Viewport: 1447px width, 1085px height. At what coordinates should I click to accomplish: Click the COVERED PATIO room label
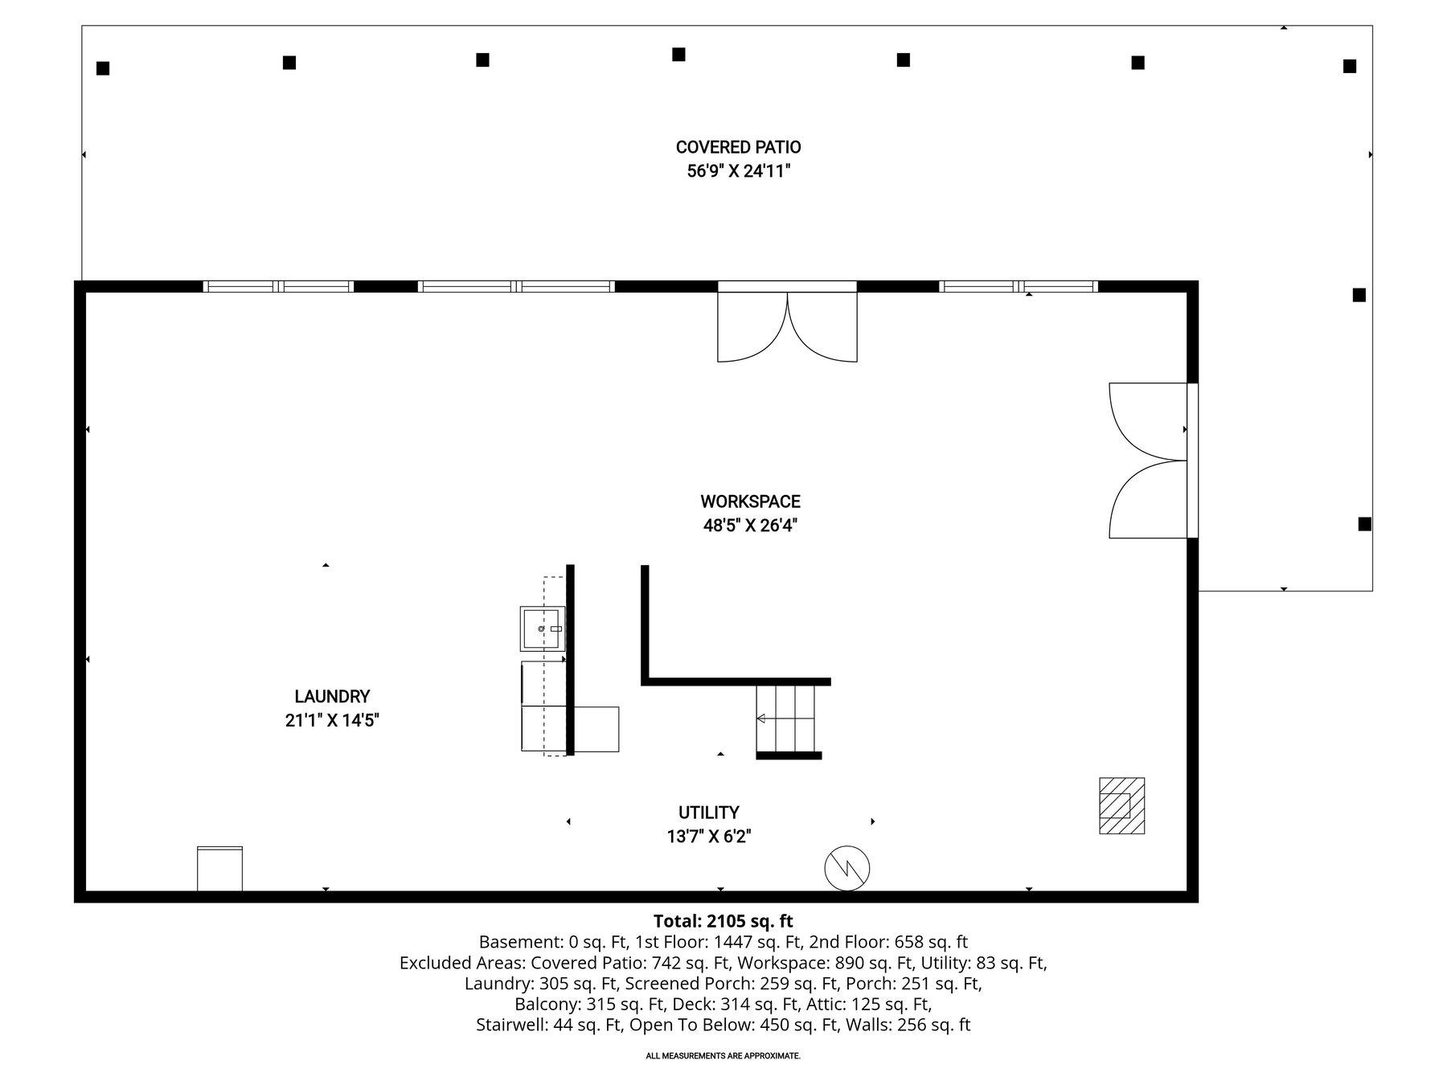(738, 147)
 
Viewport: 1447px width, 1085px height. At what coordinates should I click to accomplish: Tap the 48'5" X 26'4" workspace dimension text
(750, 526)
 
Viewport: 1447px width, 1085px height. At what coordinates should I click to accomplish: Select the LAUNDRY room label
(331, 697)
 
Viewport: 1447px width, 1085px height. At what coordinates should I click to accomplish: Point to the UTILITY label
(708, 813)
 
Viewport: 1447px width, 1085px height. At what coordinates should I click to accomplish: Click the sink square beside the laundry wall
(542, 628)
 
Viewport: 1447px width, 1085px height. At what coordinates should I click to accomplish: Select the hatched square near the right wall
(1121, 805)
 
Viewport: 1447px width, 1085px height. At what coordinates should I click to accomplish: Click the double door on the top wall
(787, 325)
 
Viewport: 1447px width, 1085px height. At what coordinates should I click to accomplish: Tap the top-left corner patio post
(103, 68)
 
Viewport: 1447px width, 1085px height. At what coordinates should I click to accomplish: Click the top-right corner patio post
(1350, 66)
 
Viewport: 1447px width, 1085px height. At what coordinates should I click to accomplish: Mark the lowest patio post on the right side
(1364, 524)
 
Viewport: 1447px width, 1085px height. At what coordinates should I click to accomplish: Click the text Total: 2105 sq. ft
(723, 921)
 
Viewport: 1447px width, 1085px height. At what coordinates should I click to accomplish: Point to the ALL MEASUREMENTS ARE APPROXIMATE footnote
(723, 1056)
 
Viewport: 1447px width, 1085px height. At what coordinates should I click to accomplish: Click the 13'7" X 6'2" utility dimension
(708, 837)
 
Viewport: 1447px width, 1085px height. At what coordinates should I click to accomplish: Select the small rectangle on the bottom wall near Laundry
(219, 868)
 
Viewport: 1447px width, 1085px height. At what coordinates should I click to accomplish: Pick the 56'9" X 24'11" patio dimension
(738, 171)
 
